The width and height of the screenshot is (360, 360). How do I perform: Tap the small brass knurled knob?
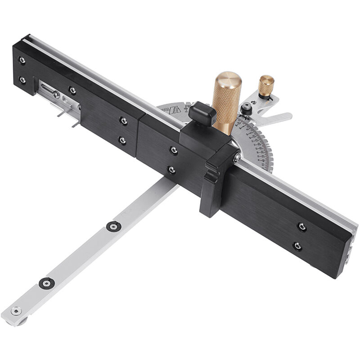point(266,85)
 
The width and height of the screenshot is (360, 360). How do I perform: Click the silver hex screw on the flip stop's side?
point(236,158)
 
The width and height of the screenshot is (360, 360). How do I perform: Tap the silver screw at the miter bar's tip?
point(17,310)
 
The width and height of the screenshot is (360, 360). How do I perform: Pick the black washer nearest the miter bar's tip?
point(46,283)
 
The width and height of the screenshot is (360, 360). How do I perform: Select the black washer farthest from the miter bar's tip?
point(113,226)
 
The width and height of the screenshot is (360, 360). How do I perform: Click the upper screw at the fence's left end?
point(22,60)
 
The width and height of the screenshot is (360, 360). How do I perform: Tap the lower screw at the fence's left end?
point(22,80)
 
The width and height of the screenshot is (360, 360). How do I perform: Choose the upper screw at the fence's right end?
point(302,227)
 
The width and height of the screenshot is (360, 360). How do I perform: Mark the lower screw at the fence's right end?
point(297,246)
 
